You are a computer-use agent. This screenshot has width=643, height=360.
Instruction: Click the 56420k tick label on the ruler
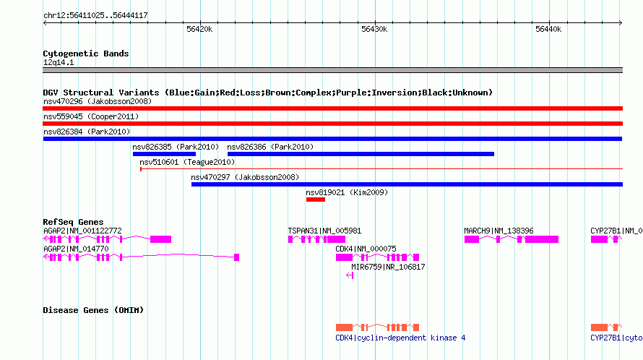click(x=199, y=29)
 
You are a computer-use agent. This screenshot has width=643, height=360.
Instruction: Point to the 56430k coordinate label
click(x=374, y=29)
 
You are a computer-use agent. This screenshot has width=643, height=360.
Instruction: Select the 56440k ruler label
click(x=548, y=29)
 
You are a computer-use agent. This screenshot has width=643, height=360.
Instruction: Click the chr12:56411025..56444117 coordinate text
click(x=95, y=15)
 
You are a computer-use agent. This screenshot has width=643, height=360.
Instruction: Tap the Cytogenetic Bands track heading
click(x=86, y=53)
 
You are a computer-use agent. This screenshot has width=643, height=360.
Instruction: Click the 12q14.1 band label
click(x=59, y=62)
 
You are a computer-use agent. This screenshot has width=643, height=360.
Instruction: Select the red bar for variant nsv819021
click(x=315, y=200)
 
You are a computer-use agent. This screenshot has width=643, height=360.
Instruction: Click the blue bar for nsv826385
click(x=164, y=154)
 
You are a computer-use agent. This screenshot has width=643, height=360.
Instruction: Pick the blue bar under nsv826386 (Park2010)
click(x=361, y=154)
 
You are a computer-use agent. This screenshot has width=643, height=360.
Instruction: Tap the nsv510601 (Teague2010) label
click(x=187, y=162)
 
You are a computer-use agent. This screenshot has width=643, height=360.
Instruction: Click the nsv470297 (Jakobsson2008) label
click(x=245, y=177)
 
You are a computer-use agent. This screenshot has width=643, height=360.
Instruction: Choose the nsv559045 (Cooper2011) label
click(x=91, y=116)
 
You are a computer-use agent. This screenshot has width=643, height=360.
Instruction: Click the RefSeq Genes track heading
click(x=73, y=222)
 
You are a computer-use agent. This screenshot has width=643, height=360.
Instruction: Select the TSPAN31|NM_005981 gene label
click(x=324, y=231)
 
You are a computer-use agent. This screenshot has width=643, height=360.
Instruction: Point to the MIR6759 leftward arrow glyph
click(x=350, y=275)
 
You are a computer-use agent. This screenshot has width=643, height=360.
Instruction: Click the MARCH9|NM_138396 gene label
click(x=499, y=231)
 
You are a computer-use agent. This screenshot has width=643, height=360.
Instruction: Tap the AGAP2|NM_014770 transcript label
click(x=76, y=249)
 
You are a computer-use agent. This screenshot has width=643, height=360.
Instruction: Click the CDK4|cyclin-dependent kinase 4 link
click(x=400, y=338)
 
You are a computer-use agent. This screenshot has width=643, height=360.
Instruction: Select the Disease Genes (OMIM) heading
click(x=93, y=310)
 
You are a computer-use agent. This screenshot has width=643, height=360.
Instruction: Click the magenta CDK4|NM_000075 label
click(x=366, y=249)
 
